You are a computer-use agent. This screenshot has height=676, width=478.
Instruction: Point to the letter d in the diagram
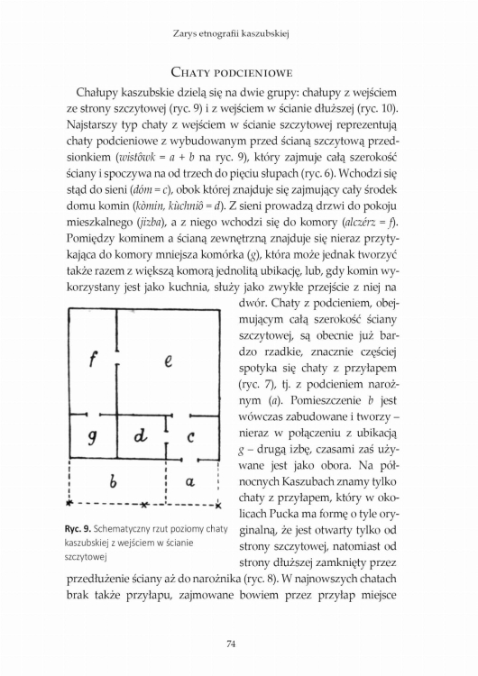tap(140, 437)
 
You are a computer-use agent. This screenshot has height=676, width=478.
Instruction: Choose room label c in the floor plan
tap(191, 438)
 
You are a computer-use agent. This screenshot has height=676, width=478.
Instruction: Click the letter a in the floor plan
tap(189, 483)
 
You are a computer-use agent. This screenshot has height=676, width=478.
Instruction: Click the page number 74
tap(239, 642)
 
